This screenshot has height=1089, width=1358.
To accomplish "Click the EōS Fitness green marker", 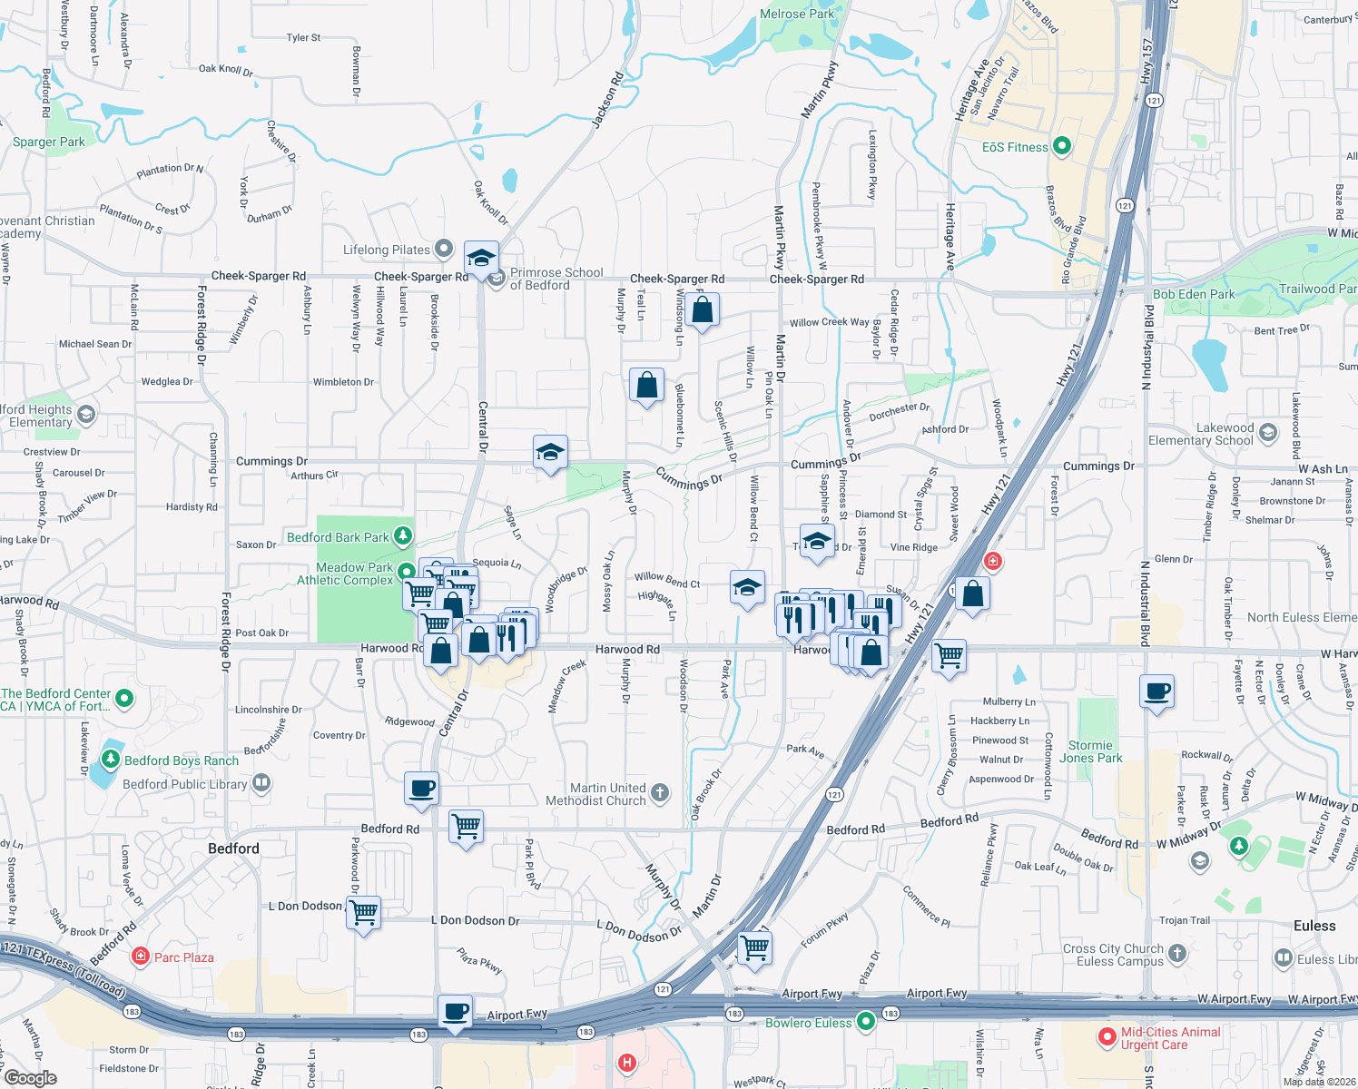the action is click(1062, 146).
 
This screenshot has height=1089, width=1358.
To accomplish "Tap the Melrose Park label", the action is click(797, 14).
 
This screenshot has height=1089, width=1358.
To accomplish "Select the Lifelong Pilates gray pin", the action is click(444, 248).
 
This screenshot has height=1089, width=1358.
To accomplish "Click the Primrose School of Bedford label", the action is click(556, 279).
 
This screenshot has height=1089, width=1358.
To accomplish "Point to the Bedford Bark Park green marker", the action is click(402, 536).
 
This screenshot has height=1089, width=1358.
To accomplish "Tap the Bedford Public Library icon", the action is click(261, 782).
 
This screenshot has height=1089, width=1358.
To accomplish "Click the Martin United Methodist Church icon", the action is click(660, 792).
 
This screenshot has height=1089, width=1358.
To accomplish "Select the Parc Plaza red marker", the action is click(140, 956).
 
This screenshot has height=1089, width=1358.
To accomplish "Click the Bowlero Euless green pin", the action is click(866, 1022).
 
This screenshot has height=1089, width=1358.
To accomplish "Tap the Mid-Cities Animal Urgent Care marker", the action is click(1107, 1036).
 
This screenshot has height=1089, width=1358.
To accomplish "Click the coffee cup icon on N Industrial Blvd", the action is click(1157, 692).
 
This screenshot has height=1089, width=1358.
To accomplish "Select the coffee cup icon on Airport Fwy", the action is click(455, 1011).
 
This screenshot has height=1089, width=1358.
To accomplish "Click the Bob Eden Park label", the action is click(1194, 294).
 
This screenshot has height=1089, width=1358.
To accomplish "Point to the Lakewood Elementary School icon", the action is click(1268, 433).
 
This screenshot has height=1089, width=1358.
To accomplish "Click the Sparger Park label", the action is click(48, 142).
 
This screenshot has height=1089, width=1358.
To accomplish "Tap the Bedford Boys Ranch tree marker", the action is click(111, 759).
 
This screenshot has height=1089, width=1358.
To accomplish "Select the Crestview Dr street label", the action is click(52, 451).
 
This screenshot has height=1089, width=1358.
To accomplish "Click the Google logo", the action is click(31, 1077).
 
